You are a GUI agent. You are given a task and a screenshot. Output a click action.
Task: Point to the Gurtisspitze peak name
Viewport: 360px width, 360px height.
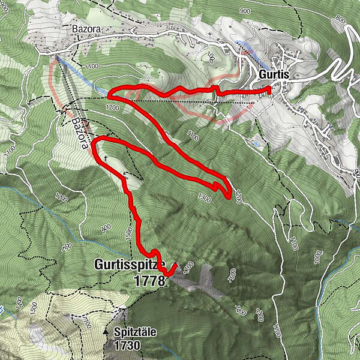click(x=130, y=264)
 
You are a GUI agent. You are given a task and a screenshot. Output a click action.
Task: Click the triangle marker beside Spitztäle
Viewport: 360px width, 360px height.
click(x=106, y=331)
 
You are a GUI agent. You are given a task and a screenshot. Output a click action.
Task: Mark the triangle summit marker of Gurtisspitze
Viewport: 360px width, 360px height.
click(x=175, y=265)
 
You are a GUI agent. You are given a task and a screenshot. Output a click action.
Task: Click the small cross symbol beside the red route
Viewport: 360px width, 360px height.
click(x=106, y=158)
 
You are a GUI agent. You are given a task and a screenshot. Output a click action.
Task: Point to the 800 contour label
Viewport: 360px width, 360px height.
click(x=341, y=20)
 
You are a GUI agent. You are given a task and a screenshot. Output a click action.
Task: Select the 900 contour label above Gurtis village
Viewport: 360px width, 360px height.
click(x=244, y=11)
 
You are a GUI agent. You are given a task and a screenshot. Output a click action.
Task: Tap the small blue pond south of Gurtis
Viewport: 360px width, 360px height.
click(x=257, y=144)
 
